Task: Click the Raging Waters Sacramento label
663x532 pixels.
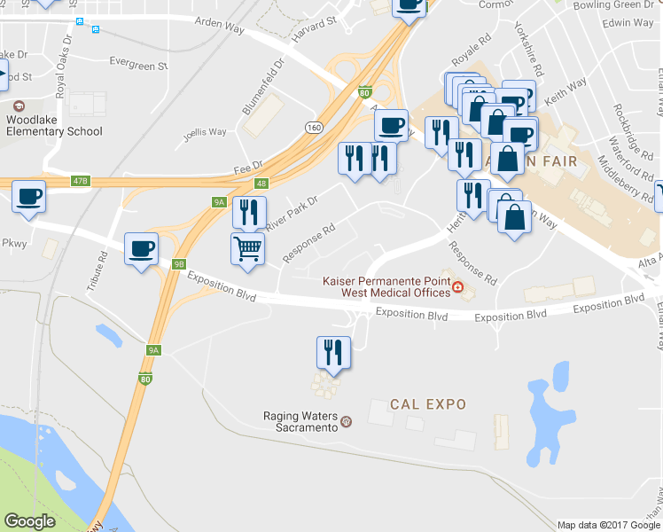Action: (x=301, y=419)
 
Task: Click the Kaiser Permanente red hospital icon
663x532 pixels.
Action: (x=457, y=286)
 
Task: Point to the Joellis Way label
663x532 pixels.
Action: (x=204, y=132)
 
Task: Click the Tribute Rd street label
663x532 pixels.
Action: (x=103, y=270)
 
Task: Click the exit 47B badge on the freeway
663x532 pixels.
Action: (x=81, y=181)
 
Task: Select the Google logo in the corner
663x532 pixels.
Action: (x=30, y=521)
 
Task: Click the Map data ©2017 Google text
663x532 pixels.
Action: (x=608, y=525)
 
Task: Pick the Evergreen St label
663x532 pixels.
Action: (x=137, y=64)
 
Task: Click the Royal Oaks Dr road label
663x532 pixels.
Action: (x=64, y=66)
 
